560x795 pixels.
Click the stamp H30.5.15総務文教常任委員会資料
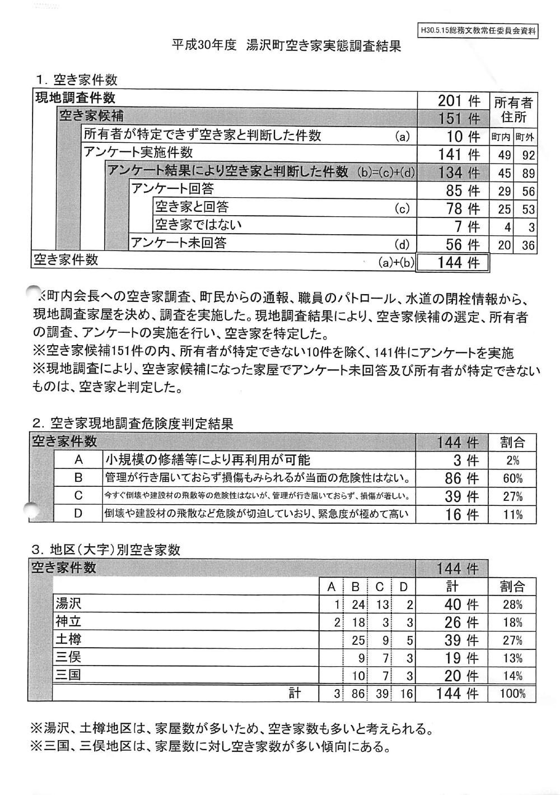tap(478, 31)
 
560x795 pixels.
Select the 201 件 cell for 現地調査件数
tap(458, 101)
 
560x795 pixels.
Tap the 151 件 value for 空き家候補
tap(458, 118)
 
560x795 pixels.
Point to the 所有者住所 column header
tap(513, 110)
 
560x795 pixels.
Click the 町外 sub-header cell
tap(525, 137)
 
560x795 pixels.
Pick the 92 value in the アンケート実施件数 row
tap(526, 155)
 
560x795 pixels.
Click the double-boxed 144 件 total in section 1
tap(453, 262)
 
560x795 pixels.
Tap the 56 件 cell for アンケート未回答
tap(458, 244)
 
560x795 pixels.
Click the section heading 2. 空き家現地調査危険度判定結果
tap(133, 423)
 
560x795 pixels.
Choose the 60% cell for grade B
tap(512, 478)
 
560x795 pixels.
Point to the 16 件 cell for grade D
tap(458, 514)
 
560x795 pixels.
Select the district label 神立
tap(68, 621)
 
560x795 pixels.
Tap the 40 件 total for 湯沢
tap(458, 605)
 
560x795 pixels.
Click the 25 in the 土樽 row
tap(357, 640)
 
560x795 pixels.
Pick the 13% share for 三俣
tap(512, 658)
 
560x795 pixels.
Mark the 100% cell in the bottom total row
tap(512, 694)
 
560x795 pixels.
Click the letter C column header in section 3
tap(379, 587)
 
